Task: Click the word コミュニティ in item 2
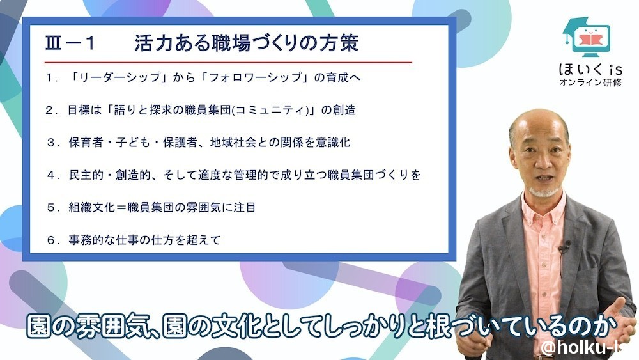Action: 270,110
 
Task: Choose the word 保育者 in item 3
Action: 85,142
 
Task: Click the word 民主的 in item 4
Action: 85,175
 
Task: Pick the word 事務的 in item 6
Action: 85,240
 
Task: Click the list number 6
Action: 51,240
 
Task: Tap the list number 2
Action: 51,110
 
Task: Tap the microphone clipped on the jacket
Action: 564,247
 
